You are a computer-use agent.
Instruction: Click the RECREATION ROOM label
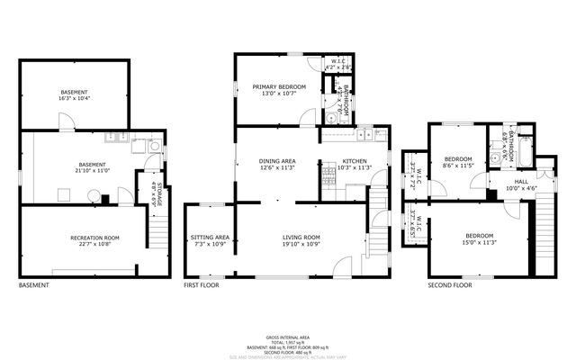point(95,238)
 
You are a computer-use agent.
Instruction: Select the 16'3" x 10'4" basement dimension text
point(76,98)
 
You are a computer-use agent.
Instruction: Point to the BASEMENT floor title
point(34,285)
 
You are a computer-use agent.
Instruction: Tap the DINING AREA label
point(277,161)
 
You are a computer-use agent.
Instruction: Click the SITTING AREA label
point(210,238)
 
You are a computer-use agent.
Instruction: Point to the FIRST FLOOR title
point(202,285)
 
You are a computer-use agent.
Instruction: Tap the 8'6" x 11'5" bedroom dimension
point(458,166)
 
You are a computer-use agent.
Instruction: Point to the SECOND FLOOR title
point(450,285)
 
